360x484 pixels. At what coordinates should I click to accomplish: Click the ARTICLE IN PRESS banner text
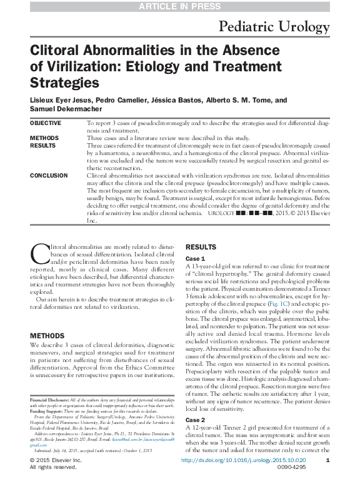(x=180, y=6)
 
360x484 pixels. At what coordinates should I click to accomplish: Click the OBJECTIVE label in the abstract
(x=46, y=123)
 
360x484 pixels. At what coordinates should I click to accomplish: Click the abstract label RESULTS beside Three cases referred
(x=43, y=145)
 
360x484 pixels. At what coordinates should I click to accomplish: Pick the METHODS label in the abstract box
(x=44, y=138)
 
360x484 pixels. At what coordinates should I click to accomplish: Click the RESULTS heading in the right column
(x=201, y=248)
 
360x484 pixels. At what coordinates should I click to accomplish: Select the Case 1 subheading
(x=195, y=258)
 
